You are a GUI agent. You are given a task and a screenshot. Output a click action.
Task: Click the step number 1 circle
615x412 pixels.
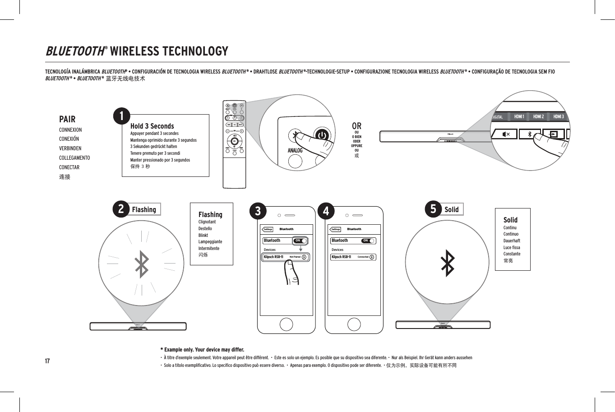pos(121,116)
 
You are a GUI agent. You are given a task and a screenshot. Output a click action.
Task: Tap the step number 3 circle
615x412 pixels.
pos(258,211)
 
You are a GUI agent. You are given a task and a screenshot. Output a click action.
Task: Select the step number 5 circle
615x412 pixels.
pos(433,209)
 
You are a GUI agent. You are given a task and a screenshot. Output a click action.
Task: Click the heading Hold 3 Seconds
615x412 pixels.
pos(152,126)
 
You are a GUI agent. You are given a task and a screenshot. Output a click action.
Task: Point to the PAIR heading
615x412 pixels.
pos(67,119)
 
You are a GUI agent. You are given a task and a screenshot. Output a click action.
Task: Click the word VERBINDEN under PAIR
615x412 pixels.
pos(70,148)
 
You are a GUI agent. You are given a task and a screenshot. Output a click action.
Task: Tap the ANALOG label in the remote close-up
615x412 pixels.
pos(295,150)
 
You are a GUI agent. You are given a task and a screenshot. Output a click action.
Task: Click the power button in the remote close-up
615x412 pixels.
pos(322,135)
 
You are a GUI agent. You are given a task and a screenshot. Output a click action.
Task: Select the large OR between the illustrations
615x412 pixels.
pos(356,126)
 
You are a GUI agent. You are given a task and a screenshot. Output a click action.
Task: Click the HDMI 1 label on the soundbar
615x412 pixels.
pos(519,116)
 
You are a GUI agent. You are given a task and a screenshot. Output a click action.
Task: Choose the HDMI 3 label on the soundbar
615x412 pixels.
pos(558,116)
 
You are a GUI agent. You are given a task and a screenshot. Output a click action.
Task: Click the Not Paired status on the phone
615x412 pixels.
pos(295,257)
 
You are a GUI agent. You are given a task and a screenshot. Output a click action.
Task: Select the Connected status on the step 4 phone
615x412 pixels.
pos(363,257)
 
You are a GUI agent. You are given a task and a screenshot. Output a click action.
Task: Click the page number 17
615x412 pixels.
pos(47,361)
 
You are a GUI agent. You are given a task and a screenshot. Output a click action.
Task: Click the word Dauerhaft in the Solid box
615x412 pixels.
pos(512,241)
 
